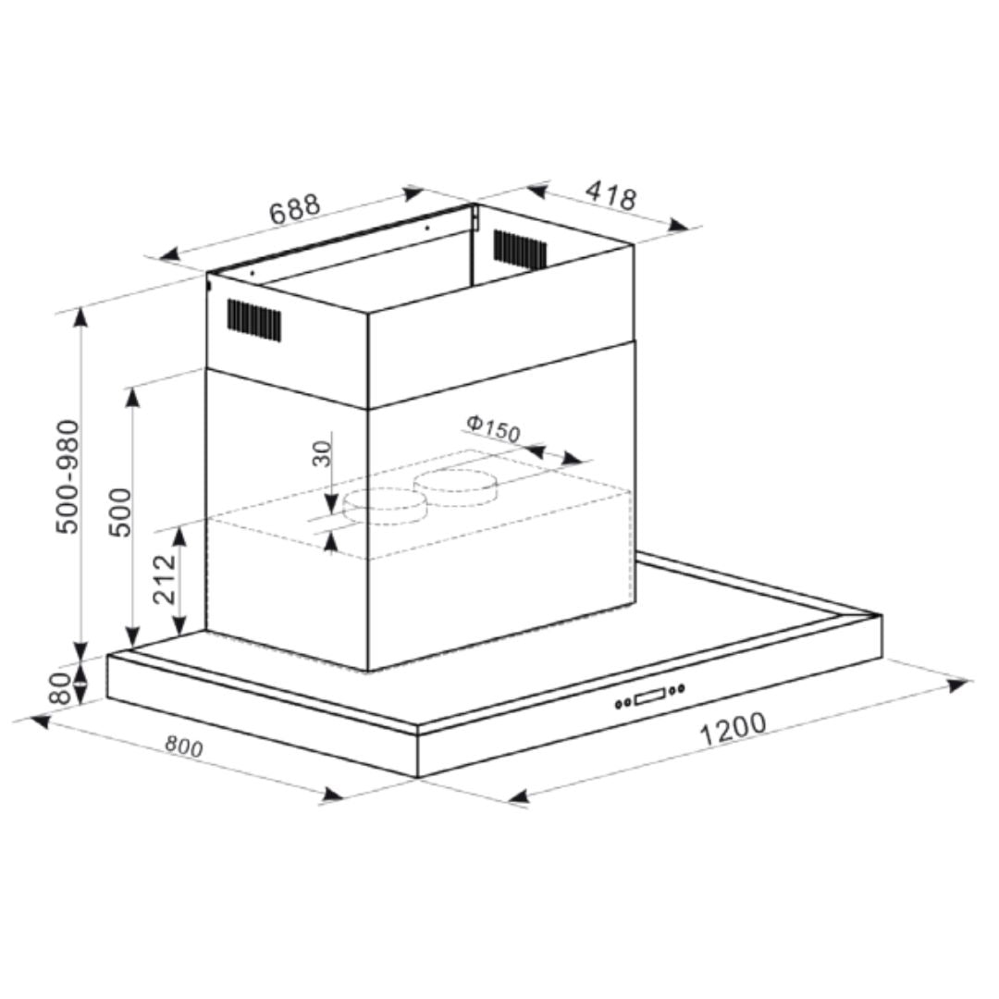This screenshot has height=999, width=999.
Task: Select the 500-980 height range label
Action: click(68, 476)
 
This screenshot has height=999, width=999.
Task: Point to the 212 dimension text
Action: click(165, 579)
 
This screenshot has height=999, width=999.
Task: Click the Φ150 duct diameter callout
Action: click(493, 427)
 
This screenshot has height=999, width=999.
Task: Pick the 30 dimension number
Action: click(324, 453)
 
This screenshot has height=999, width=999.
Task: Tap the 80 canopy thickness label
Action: click(61, 687)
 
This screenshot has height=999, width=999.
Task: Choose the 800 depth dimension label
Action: click(183, 746)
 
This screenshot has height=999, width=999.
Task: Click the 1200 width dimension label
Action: click(734, 730)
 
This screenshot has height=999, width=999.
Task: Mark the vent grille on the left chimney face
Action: click(254, 319)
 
